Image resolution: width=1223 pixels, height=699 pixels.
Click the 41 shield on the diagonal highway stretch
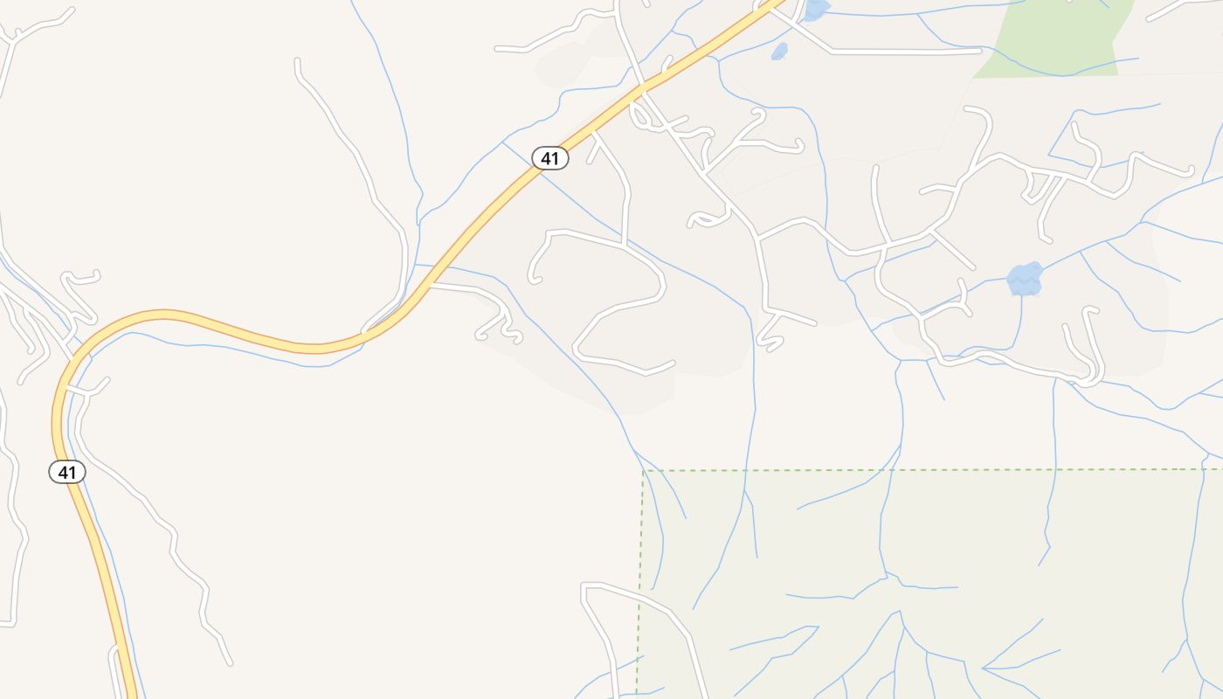click(x=550, y=158)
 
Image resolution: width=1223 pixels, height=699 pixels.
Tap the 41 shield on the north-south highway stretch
click(x=67, y=472)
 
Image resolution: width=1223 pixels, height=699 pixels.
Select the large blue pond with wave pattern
click(x=1025, y=279)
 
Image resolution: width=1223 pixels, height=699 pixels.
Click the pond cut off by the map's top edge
click(x=816, y=9)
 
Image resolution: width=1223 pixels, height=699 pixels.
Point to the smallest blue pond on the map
click(x=779, y=52)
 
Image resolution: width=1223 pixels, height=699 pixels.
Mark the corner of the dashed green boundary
click(x=644, y=471)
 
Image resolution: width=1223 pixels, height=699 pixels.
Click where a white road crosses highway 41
click(x=646, y=90)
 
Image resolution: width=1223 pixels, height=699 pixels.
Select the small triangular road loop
click(x=1038, y=186)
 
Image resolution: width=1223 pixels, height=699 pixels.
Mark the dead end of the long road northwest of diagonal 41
click(x=298, y=60)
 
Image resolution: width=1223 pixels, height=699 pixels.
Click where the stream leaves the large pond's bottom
click(x=1021, y=295)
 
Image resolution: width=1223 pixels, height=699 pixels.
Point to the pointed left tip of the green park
click(x=973, y=77)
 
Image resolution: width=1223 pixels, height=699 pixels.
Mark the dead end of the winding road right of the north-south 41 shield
click(x=230, y=663)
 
